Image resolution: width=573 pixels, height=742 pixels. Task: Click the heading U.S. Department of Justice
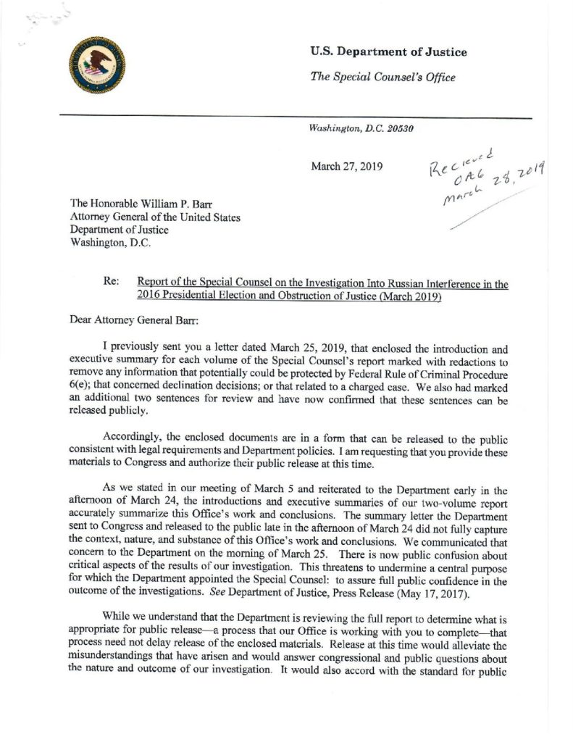pyautogui.click(x=388, y=51)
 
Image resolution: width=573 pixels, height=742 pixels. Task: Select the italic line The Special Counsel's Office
pyautogui.click(x=382, y=78)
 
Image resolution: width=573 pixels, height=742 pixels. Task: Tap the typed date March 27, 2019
pyautogui.click(x=343, y=166)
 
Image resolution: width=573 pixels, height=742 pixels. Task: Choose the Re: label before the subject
pyautogui.click(x=112, y=285)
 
